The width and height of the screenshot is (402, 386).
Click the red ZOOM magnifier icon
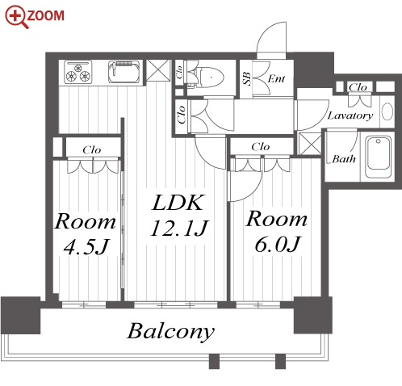pos(17,16)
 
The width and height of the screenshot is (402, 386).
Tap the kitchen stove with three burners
pos(78,72)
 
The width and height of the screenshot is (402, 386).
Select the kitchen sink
pos(124,72)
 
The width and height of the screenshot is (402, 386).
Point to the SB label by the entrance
pos(246,78)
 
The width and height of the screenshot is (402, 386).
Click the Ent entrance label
pos(276,78)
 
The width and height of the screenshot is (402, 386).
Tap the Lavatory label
pos(350,115)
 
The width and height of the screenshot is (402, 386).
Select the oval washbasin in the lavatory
pos(387,111)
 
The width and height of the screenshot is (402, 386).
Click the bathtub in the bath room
pos(378,157)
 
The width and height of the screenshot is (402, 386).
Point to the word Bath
pos(344,159)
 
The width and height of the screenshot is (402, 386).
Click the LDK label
pos(178,203)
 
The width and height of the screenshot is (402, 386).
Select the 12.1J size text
pos(179,229)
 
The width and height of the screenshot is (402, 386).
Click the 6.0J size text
pos(277,245)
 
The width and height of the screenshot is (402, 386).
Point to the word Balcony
pos(170,332)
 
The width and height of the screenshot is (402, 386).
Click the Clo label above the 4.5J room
pos(92,149)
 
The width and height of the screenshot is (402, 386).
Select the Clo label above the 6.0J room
pos(260,147)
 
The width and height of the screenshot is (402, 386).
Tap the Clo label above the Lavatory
pos(358,87)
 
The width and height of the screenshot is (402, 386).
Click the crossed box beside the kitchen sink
pos(158,70)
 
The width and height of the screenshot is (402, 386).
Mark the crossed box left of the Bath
pos(310,144)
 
